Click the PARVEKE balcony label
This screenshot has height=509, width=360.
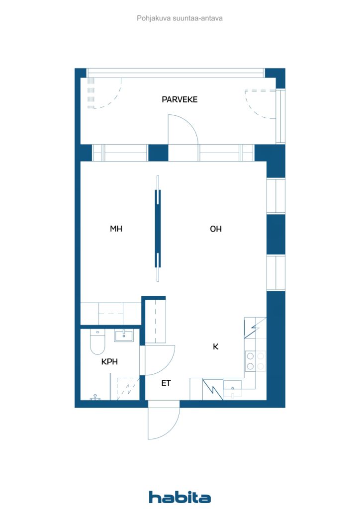tap(180, 99)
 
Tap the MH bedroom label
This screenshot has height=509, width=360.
tap(116, 229)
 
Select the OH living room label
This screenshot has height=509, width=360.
tap(216, 229)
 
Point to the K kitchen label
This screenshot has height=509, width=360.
tap(215, 346)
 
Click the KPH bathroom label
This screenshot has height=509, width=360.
tap(109, 362)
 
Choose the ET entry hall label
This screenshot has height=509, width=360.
tap(166, 383)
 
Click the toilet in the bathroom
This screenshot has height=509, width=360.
tap(97, 342)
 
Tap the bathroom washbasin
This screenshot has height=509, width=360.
tap(124, 336)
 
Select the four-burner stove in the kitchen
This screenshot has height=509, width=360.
tap(255, 361)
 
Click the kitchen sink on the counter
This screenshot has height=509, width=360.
tap(232, 389)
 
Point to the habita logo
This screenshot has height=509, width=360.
tap(180, 497)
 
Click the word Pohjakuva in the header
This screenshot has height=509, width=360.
tap(154, 18)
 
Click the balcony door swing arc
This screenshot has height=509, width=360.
tap(191, 123)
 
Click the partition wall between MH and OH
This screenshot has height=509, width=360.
tap(158, 229)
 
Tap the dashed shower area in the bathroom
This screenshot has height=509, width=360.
tap(128, 389)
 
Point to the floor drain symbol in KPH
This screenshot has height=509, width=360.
tap(95, 397)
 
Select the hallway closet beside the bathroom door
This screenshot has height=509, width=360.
tap(155, 321)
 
